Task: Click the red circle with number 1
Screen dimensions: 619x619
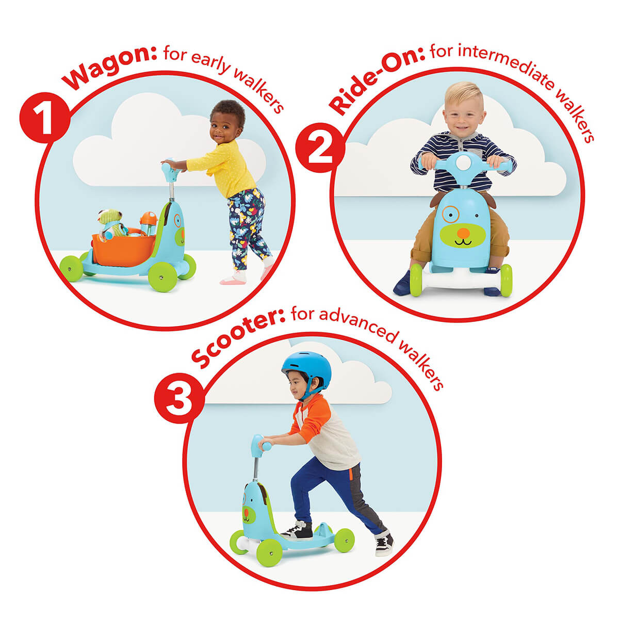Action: click(x=45, y=118)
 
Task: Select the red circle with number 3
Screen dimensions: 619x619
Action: click(x=179, y=399)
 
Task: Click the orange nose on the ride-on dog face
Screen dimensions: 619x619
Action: click(x=463, y=232)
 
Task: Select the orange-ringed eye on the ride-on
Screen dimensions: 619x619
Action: click(x=450, y=214)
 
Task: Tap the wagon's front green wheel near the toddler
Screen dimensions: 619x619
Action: click(x=162, y=277)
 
